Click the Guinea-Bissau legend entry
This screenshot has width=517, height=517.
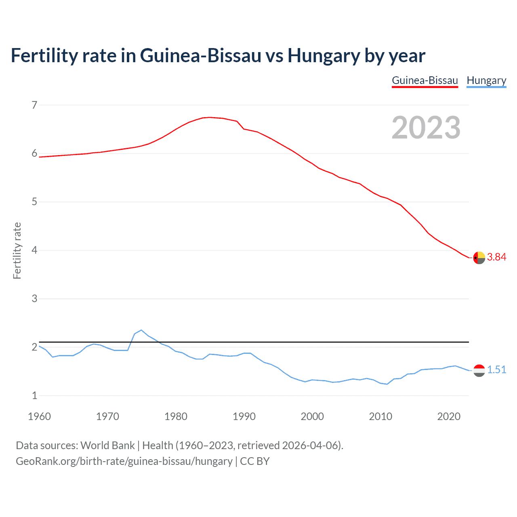pos(425,80)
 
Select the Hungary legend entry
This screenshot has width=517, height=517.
pos(486,80)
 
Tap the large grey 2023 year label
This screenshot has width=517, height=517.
pos(426,128)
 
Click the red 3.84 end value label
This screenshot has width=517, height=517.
pos(496,257)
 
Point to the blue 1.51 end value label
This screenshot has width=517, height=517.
pos(496,370)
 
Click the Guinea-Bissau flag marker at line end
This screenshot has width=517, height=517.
pos(479,257)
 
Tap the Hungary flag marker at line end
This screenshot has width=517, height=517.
pos(479,370)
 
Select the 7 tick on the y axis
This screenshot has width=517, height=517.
pos(34,105)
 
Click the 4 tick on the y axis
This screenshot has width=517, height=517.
pos(34,250)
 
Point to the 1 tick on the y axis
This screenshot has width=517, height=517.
pos(34,396)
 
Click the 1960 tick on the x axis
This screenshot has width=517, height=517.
pos(39,416)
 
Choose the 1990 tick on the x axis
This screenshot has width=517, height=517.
pos(244,416)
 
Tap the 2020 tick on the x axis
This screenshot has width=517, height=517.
pos(449,416)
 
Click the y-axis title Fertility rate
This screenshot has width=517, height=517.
pos(17,250)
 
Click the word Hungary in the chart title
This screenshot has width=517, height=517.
pos(323,56)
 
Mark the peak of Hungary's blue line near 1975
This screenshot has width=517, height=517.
pos(141,330)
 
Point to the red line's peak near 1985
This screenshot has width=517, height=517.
pos(210,117)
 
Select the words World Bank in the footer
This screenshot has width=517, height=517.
pos(107,446)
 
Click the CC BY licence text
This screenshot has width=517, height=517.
pos(254,461)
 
